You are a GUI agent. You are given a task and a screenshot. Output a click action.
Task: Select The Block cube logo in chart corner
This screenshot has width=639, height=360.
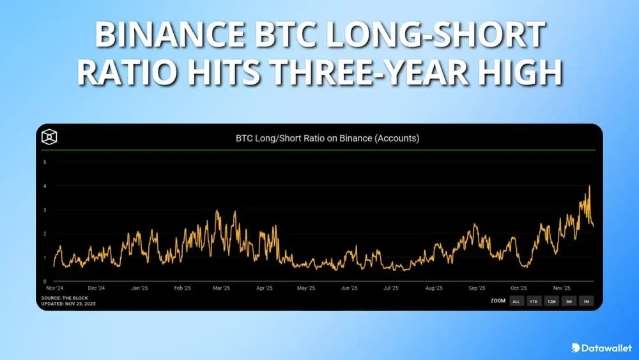(49, 137)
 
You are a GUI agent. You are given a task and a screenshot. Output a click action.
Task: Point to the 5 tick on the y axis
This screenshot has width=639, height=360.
(45, 162)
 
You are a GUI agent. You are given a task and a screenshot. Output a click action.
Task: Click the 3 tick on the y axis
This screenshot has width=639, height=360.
(45, 210)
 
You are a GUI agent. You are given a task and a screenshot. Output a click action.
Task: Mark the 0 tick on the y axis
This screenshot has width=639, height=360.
(45, 281)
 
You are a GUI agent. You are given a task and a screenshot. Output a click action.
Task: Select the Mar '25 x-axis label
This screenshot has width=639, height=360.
(221, 288)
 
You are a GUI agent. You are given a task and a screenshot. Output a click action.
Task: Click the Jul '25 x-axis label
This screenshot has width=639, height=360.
(390, 288)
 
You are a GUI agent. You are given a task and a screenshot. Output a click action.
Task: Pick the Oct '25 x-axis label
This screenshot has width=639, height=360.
(519, 288)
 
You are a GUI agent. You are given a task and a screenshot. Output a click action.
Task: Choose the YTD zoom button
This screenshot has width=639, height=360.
(533, 301)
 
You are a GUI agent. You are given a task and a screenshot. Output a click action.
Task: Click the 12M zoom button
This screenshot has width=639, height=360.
(551, 301)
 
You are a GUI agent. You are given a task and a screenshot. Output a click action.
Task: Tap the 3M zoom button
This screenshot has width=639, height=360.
(568, 301)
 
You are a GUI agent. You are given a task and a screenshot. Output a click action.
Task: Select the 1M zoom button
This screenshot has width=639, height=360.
(585, 301)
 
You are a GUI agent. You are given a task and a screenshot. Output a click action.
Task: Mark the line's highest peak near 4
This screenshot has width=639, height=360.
(589, 186)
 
